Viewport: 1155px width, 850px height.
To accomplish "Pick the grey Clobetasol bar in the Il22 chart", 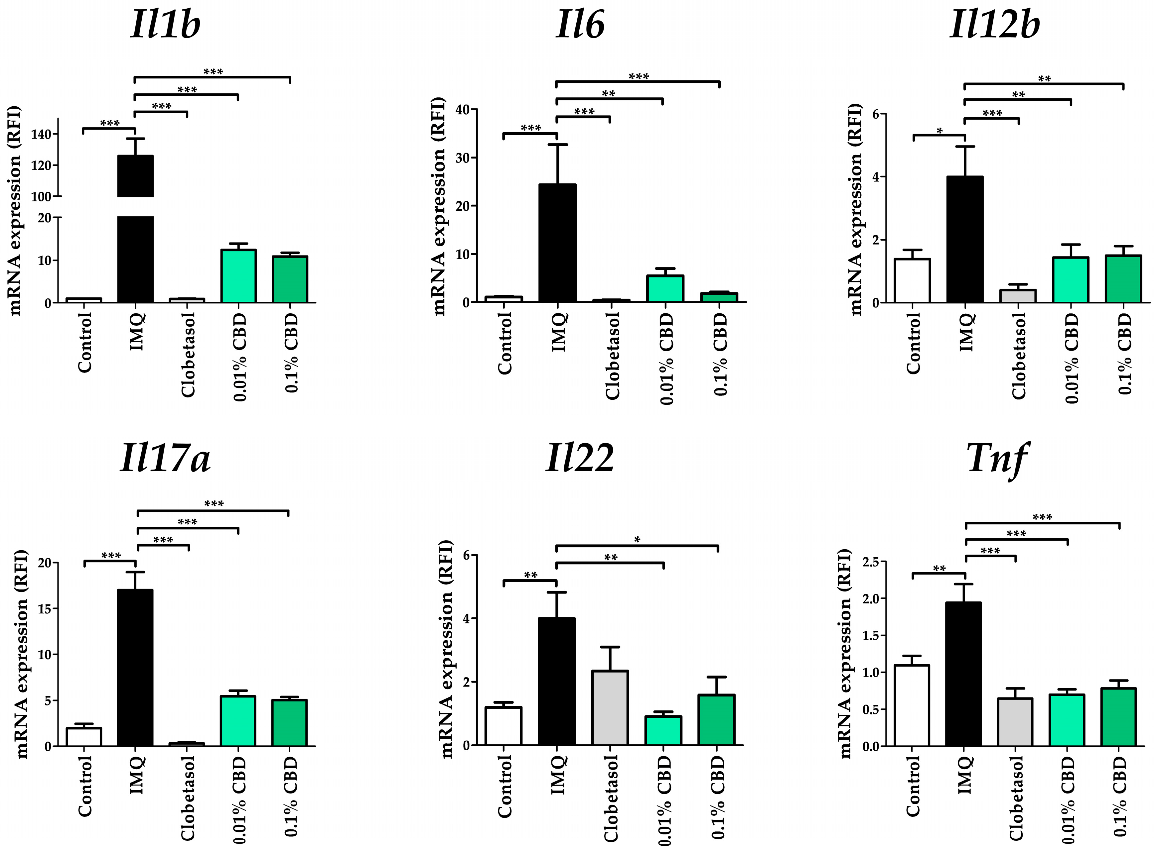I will point(610,708).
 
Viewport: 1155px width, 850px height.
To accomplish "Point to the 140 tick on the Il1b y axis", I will point(41,134).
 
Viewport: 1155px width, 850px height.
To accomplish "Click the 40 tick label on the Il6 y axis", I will point(462,110).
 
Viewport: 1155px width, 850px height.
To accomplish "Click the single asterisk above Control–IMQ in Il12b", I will point(939,132).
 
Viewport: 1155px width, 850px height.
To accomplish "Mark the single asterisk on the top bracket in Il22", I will point(637,540).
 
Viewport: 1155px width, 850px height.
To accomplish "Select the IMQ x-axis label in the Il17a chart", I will point(136,774).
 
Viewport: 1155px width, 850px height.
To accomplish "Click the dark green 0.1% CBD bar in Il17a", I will point(289,723).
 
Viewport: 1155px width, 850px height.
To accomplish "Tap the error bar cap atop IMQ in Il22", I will point(557,592).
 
